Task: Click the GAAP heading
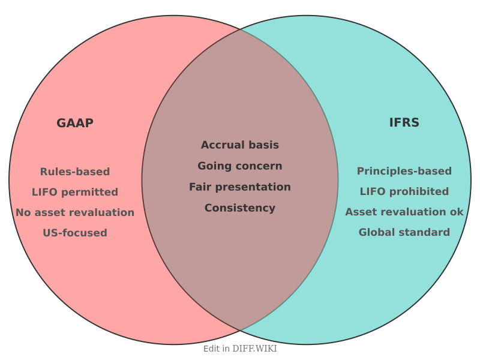tap(75, 123)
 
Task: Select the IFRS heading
tap(404, 123)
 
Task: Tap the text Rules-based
tap(75, 172)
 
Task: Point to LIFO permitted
tap(75, 192)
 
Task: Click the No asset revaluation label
tap(75, 212)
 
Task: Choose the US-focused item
tap(75, 233)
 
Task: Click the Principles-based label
tap(404, 171)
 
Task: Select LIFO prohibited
tap(404, 191)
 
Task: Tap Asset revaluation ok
tap(404, 212)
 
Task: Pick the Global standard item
tap(404, 232)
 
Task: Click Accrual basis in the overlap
tap(240, 145)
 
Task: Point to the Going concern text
tap(240, 166)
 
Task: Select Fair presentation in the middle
tap(240, 187)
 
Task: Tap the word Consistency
tap(240, 208)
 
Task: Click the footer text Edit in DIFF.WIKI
tap(240, 349)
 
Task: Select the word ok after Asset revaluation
tap(457, 212)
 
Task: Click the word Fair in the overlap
tap(201, 187)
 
